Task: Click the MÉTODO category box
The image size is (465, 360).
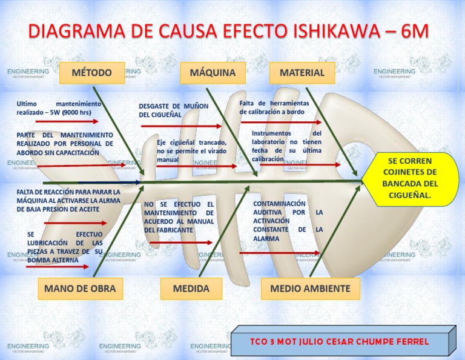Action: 92,73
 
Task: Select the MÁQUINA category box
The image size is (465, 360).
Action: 213,73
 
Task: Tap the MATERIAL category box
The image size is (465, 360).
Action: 302,73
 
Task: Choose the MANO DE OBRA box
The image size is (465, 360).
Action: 79,288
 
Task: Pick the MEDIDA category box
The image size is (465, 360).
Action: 191,288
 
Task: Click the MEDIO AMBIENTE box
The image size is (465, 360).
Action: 310,288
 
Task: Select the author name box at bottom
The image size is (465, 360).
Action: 340,342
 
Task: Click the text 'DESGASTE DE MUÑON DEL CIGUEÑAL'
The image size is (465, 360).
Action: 174,110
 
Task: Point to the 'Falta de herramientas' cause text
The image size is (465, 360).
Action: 274,107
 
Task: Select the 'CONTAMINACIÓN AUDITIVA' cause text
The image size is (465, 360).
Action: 288,221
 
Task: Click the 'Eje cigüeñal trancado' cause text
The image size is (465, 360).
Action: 191,151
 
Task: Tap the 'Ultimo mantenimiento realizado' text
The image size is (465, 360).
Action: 59,108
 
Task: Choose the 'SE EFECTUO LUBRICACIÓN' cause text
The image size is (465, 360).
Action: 65,247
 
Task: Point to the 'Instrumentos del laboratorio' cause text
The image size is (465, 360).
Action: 286,145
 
